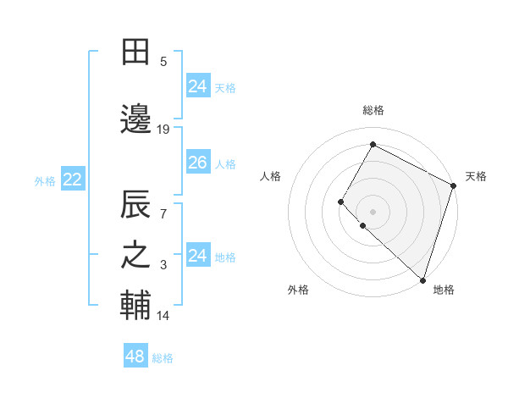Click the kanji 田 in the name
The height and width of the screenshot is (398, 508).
(135, 53)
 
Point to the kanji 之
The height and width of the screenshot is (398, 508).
(135, 257)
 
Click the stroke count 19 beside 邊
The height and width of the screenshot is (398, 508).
(163, 130)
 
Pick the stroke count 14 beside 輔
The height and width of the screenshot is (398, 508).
(163, 316)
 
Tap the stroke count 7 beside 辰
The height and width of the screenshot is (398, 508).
(163, 213)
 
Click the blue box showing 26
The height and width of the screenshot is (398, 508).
(197, 163)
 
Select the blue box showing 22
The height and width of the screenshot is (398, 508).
(72, 180)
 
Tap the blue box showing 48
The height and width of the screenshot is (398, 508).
(135, 357)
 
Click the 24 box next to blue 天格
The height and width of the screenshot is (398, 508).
(197, 86)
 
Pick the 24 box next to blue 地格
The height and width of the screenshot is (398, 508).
(197, 256)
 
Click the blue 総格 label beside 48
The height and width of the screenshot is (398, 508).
(163, 358)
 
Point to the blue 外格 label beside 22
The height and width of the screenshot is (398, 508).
(45, 180)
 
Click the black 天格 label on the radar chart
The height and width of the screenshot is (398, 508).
(476, 176)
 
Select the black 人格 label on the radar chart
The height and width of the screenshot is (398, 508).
(271, 176)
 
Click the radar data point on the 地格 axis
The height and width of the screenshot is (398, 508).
(422, 280)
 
